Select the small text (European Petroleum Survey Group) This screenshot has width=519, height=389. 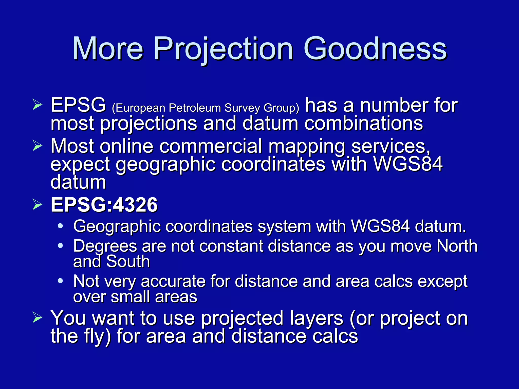[x=205, y=108]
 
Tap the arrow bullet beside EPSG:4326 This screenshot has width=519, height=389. [x=37, y=205]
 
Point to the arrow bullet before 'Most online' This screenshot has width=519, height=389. [x=37, y=146]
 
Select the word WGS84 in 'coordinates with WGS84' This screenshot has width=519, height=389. [x=408, y=164]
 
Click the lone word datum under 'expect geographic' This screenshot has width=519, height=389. [x=78, y=182]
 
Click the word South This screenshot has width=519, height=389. [x=128, y=261]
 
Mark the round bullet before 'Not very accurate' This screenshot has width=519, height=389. [x=60, y=281]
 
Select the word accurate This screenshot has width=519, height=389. [x=173, y=281]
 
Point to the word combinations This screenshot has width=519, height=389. [x=363, y=124]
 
